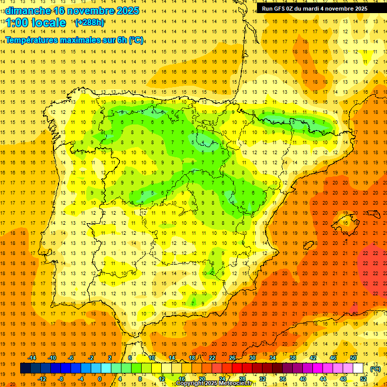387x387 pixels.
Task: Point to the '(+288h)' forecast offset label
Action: tap(89, 23)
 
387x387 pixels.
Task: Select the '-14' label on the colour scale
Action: tap(32, 358)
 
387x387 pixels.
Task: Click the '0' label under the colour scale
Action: tap(100, 379)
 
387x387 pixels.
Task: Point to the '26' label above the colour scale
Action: tap(232, 358)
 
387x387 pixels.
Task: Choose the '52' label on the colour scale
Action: tap(363, 379)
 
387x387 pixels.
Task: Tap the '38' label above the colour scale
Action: tap(293, 358)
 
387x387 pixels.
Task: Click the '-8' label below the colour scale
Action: tap(60, 379)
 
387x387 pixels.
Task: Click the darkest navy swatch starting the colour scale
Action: tap(25, 368)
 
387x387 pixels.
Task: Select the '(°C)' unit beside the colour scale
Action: tap(375, 368)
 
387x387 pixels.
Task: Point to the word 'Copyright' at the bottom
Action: tap(190, 383)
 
